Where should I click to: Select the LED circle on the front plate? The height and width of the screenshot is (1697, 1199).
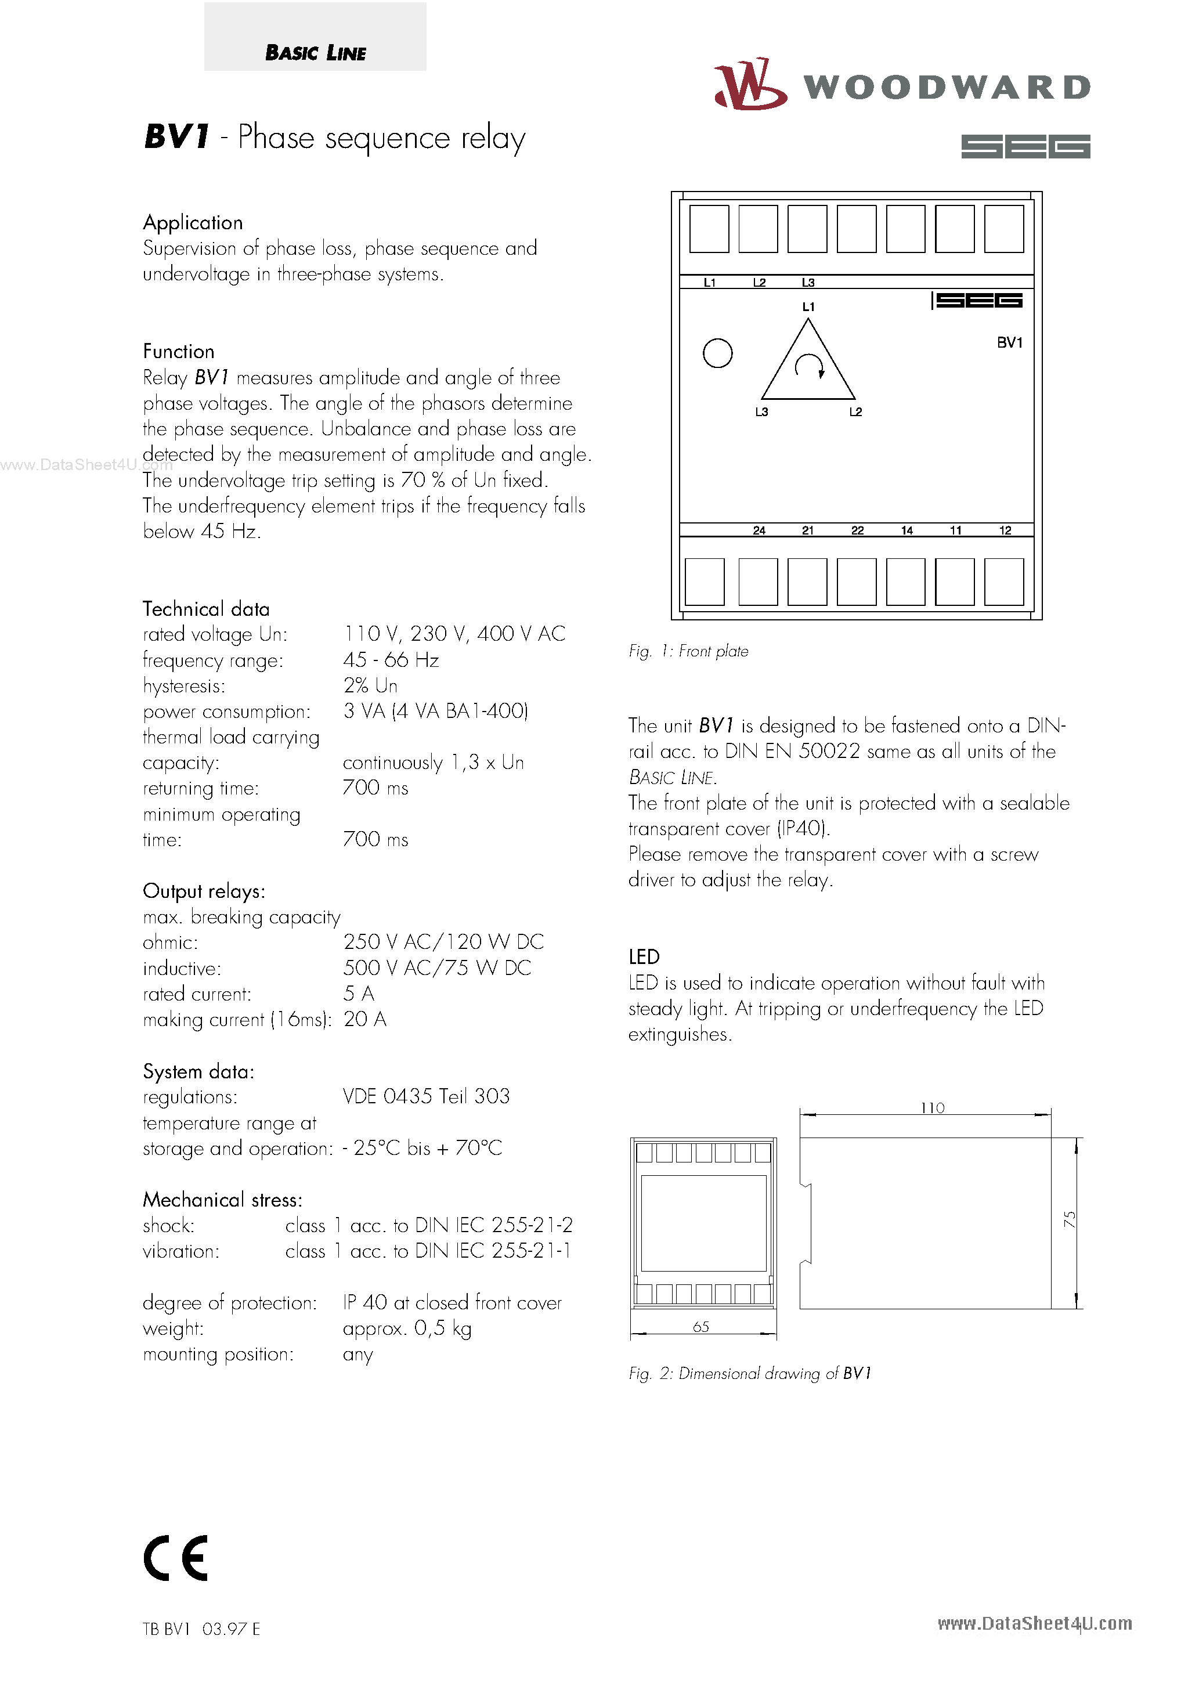coord(717,353)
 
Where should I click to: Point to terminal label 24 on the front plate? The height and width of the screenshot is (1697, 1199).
coord(759,530)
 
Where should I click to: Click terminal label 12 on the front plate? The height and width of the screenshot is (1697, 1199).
coord(1005,530)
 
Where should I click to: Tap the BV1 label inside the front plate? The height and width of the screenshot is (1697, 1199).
coord(1009,342)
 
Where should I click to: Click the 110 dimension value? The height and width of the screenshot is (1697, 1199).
coord(932,1108)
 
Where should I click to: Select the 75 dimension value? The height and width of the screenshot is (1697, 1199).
coord(1069,1219)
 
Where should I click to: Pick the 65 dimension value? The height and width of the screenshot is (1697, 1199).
coord(701,1327)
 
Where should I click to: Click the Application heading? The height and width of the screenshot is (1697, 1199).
coord(193,222)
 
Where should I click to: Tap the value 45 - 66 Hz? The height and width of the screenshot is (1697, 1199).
coord(391,659)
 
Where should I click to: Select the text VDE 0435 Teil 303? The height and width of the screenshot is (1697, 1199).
coord(427,1096)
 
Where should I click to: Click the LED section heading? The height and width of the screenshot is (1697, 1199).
coord(644,957)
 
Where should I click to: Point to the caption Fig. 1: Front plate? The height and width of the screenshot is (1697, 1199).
coord(688,651)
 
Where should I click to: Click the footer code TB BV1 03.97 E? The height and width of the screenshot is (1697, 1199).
coord(201,1629)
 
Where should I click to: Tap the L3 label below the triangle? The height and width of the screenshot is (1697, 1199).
coord(761,411)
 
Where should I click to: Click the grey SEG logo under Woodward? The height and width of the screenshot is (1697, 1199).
coord(1025,146)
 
